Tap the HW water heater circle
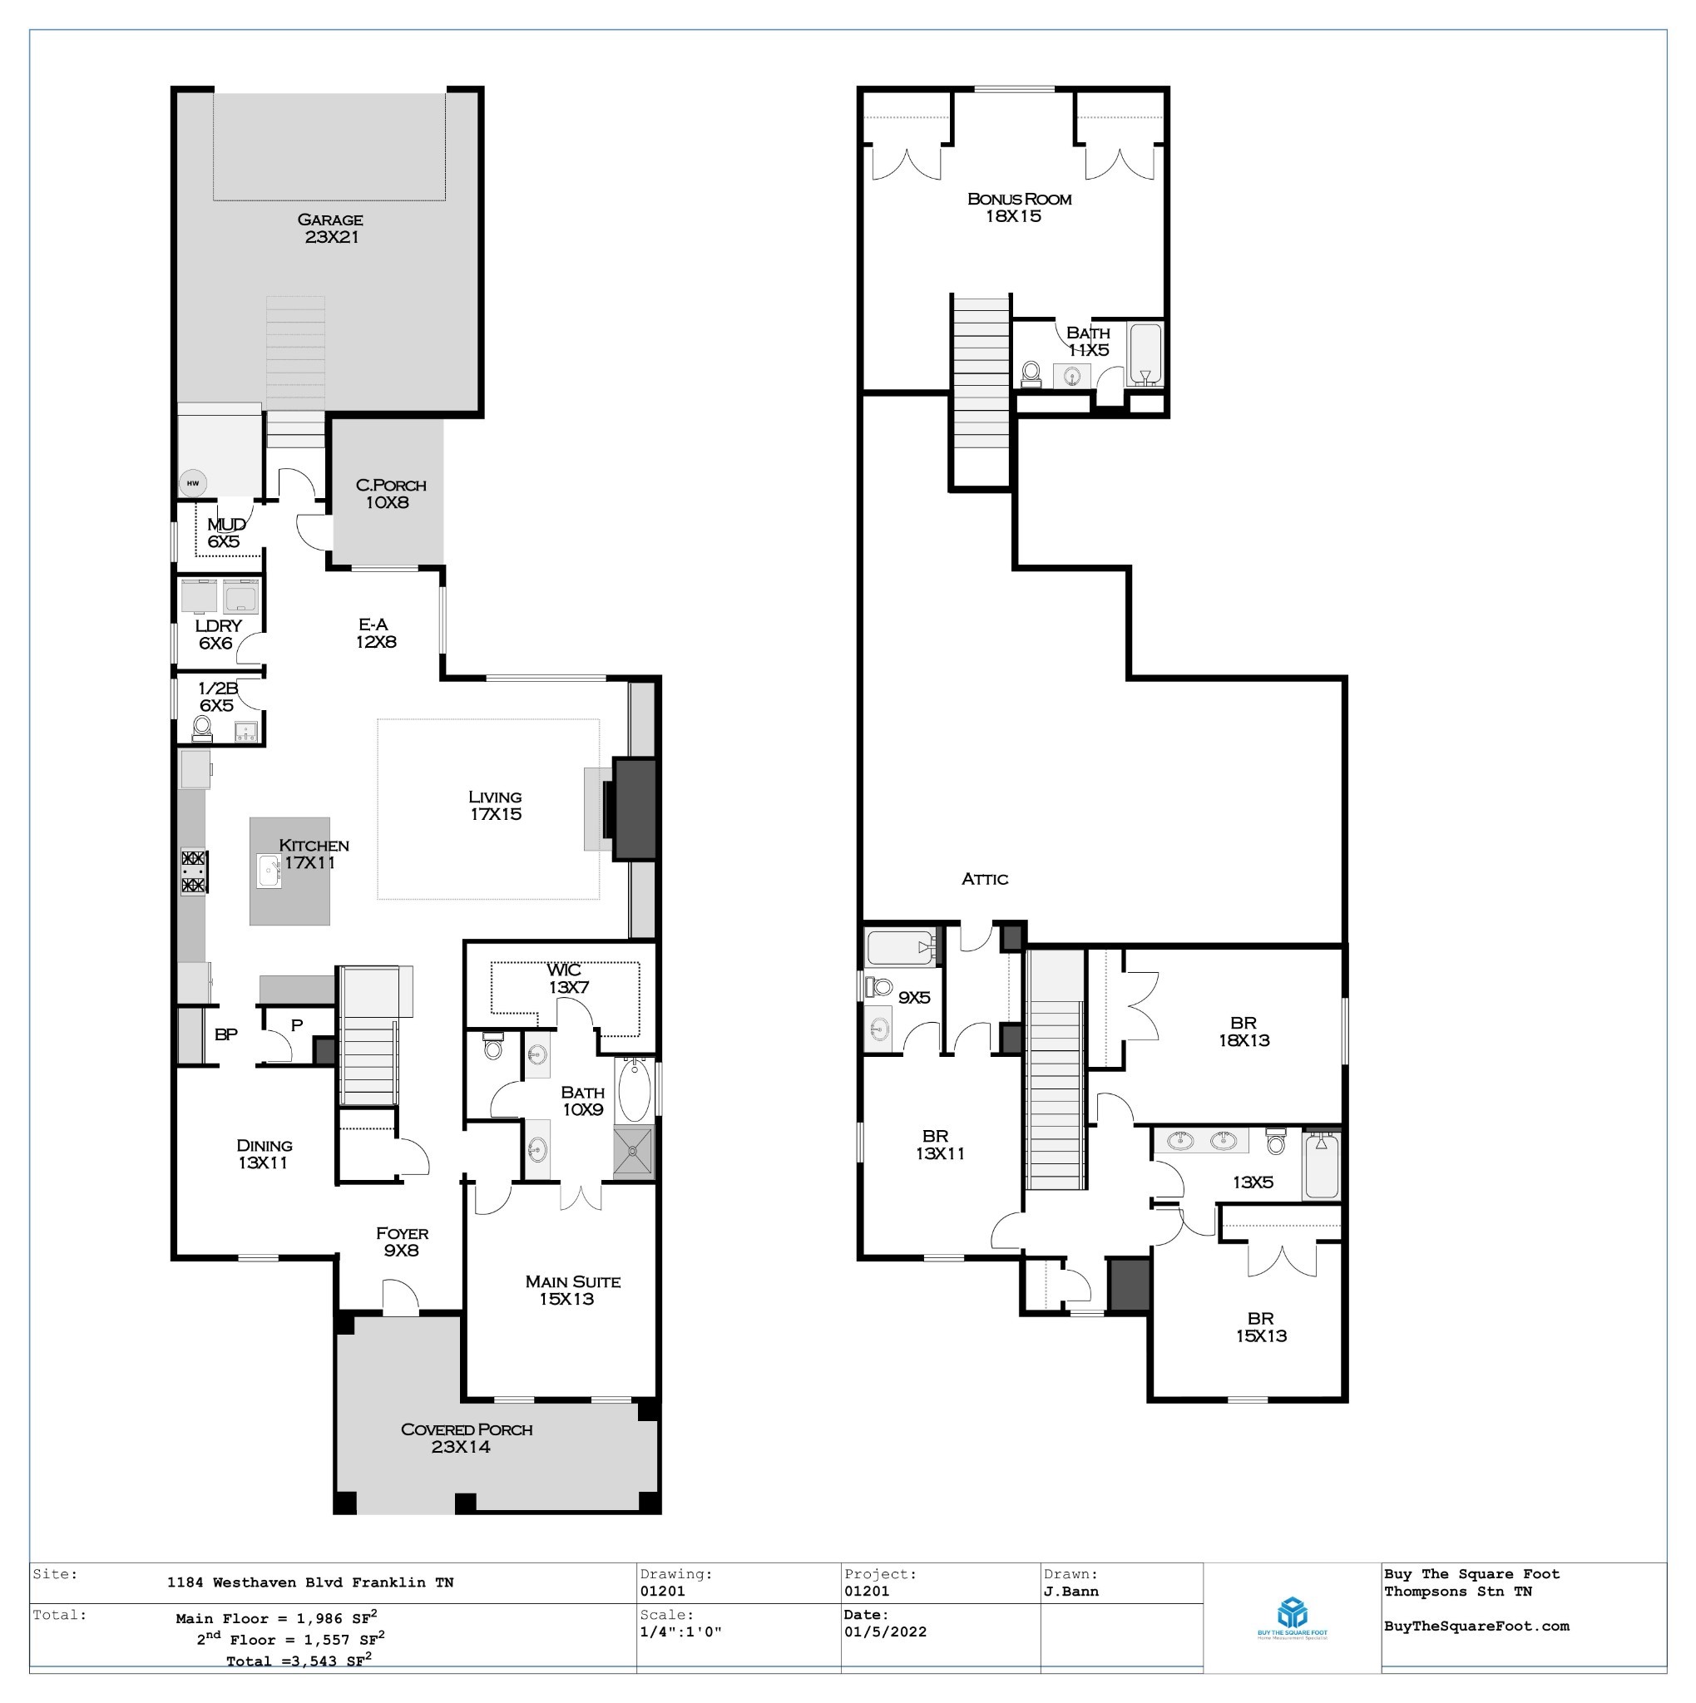tap(192, 483)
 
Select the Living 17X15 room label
tap(496, 806)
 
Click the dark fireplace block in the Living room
tap(634, 809)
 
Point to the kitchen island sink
tap(269, 871)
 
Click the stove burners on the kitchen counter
tap(193, 871)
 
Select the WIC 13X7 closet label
tap(566, 979)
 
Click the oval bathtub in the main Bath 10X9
tap(634, 1091)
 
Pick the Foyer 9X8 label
tap(402, 1242)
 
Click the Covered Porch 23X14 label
tap(466, 1438)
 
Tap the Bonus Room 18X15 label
tap(1018, 207)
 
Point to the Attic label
tap(985, 879)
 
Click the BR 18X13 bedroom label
tap(1244, 1031)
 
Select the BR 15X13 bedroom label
tap(1260, 1326)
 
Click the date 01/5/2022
tap(885, 1631)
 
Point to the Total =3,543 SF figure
tap(298, 1661)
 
